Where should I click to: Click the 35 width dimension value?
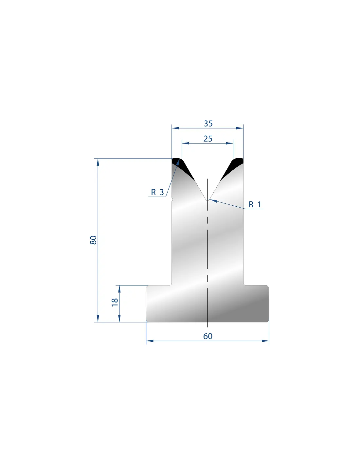(x=208, y=124)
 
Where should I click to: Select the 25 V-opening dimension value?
(x=208, y=139)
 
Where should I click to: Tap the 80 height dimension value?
(x=93, y=240)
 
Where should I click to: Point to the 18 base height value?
(x=115, y=302)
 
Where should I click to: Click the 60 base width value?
(x=208, y=336)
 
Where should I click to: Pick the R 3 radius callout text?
(x=157, y=192)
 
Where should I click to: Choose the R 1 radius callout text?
(x=255, y=205)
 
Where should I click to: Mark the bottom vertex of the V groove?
(x=207, y=200)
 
